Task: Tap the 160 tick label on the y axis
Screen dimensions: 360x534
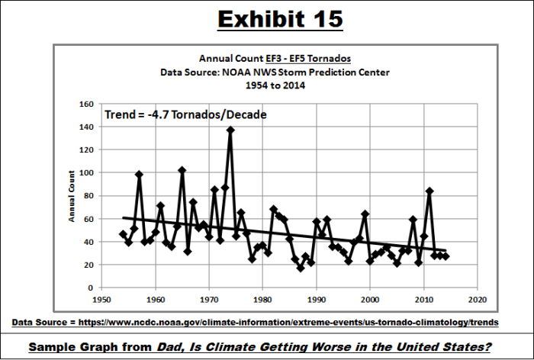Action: pos(86,104)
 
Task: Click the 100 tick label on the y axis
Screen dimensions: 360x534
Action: pos(86,173)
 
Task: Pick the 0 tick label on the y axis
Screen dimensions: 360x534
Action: pos(91,288)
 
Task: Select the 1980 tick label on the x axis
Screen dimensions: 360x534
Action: pos(262,298)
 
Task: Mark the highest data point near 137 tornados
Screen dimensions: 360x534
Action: pos(230,130)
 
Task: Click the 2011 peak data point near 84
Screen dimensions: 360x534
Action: pos(429,191)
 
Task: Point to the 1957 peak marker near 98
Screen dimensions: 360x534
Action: pos(139,175)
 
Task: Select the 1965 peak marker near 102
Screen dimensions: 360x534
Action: pos(182,170)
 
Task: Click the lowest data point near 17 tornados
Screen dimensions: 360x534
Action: pos(301,268)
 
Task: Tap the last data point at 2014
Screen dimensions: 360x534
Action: pos(446,256)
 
